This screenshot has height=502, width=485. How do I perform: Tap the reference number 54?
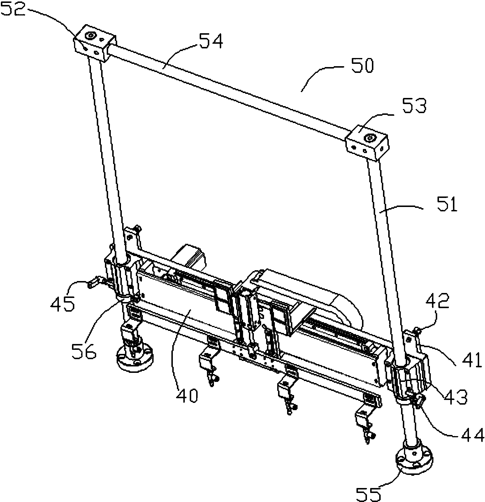211,41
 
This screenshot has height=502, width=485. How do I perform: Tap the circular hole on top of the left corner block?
89,36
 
